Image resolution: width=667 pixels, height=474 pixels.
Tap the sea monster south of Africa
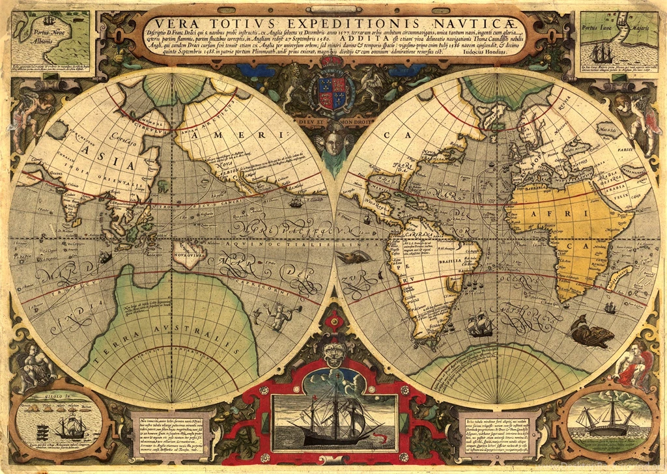pos(591,333)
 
